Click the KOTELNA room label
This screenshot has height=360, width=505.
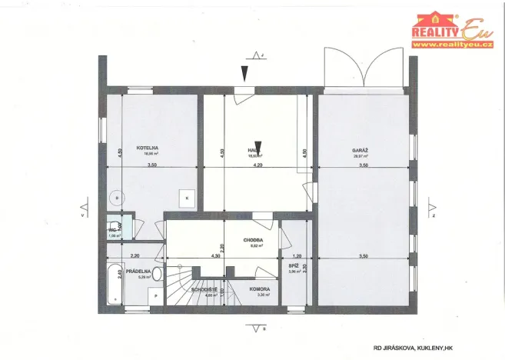[148, 147]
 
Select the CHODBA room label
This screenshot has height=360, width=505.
[253, 239]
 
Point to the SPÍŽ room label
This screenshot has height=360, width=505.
[294, 264]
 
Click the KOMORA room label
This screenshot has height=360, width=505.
[259, 288]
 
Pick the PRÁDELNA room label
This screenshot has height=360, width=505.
[138, 271]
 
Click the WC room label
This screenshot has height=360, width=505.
[112, 230]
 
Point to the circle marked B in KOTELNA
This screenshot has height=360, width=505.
[117, 198]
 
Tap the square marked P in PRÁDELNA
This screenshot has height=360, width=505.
[156, 296]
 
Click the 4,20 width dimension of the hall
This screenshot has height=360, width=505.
[258, 165]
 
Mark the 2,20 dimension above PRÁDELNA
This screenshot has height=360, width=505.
[135, 255]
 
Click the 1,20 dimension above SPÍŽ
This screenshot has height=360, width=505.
[295, 255]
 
